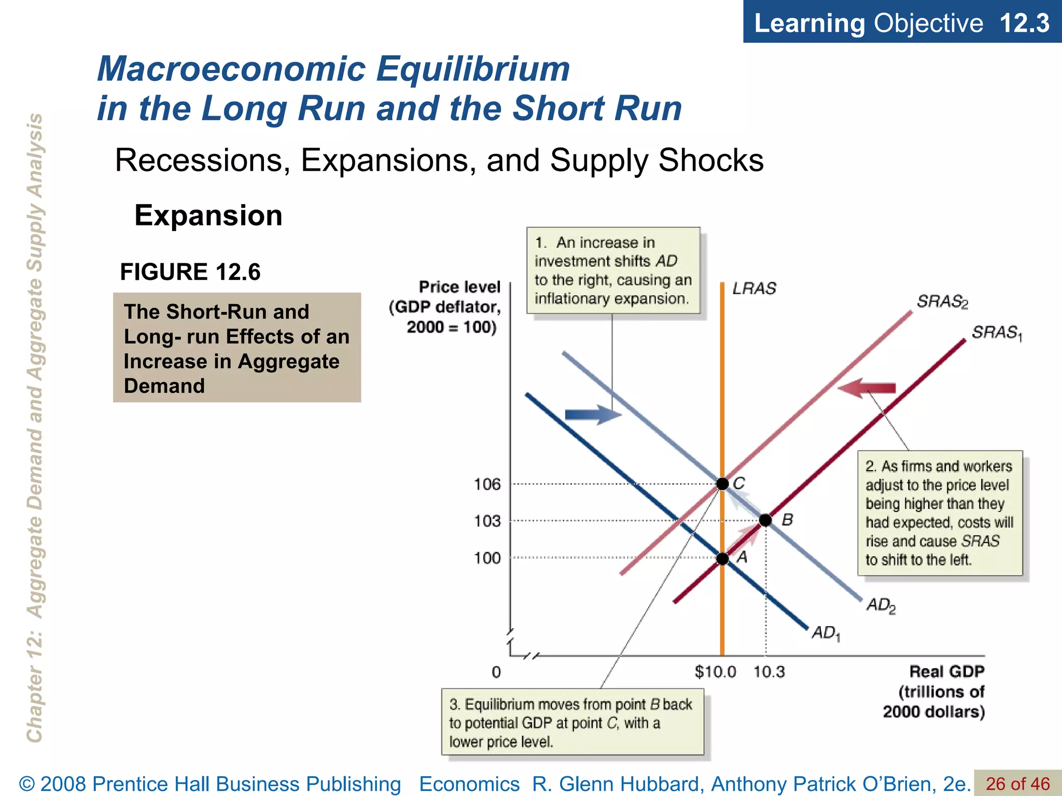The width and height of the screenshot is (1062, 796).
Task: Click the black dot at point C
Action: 722,484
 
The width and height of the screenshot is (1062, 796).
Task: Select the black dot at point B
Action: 765,520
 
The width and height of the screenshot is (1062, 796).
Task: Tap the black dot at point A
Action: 722,559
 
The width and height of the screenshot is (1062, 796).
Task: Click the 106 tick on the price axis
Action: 487,484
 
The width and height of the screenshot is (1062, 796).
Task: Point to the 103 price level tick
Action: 487,520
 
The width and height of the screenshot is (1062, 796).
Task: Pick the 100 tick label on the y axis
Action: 487,558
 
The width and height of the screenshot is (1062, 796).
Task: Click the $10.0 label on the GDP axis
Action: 715,672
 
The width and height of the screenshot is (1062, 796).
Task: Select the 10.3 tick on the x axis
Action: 769,672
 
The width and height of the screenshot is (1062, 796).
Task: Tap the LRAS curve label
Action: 754,289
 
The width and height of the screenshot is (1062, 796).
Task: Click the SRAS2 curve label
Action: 942,302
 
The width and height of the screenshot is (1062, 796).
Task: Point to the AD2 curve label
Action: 881,605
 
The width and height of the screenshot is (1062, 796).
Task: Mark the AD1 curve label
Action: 826,633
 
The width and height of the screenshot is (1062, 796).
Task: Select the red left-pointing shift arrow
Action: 867,388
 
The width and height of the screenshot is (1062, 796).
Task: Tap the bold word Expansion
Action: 208,216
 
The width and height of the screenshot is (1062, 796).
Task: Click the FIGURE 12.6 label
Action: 190,272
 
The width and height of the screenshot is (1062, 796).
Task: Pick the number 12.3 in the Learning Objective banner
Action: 1024,23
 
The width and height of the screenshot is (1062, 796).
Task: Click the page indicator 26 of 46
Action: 1017,784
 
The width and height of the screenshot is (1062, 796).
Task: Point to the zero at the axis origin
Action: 496,672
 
